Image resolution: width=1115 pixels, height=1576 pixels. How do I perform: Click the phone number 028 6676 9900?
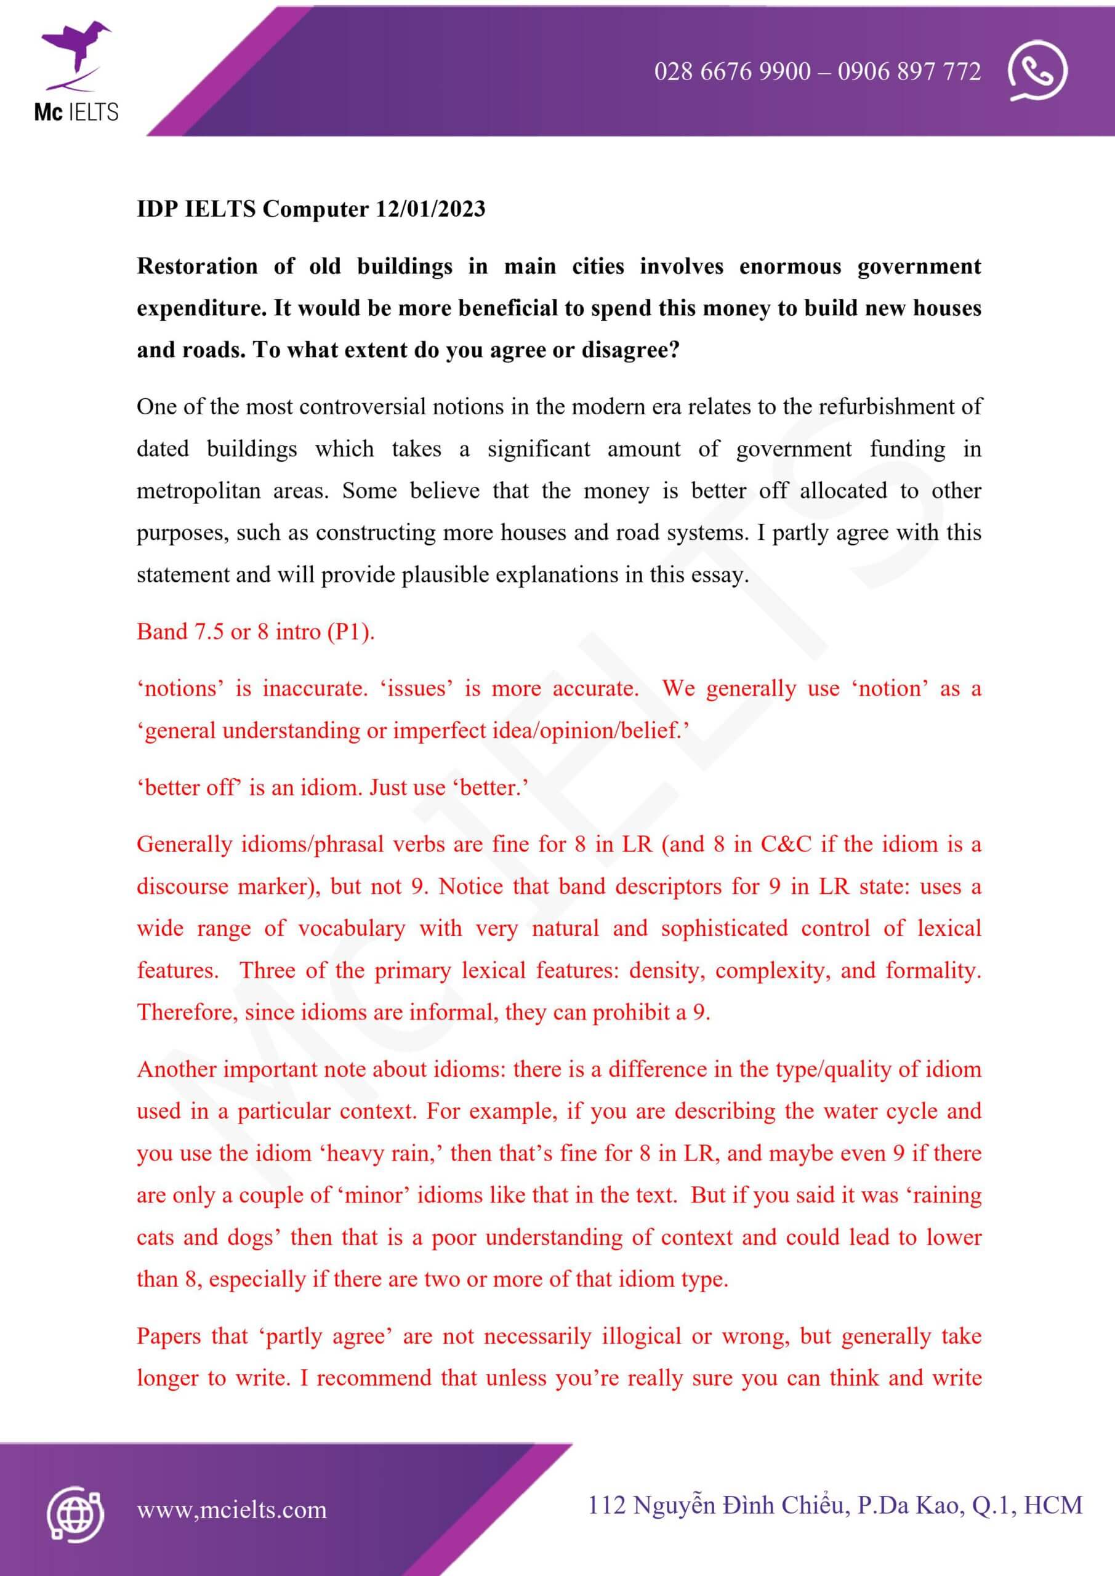[x=732, y=71]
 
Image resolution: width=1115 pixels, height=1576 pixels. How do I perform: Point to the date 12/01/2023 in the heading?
[x=430, y=209]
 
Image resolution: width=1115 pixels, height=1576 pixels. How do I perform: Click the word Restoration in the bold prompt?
[x=197, y=267]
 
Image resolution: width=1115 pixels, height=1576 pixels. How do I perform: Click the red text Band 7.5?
[x=180, y=632]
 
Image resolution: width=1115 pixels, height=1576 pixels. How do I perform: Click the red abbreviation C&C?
[x=786, y=844]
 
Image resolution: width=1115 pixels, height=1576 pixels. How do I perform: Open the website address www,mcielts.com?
[x=231, y=1510]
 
